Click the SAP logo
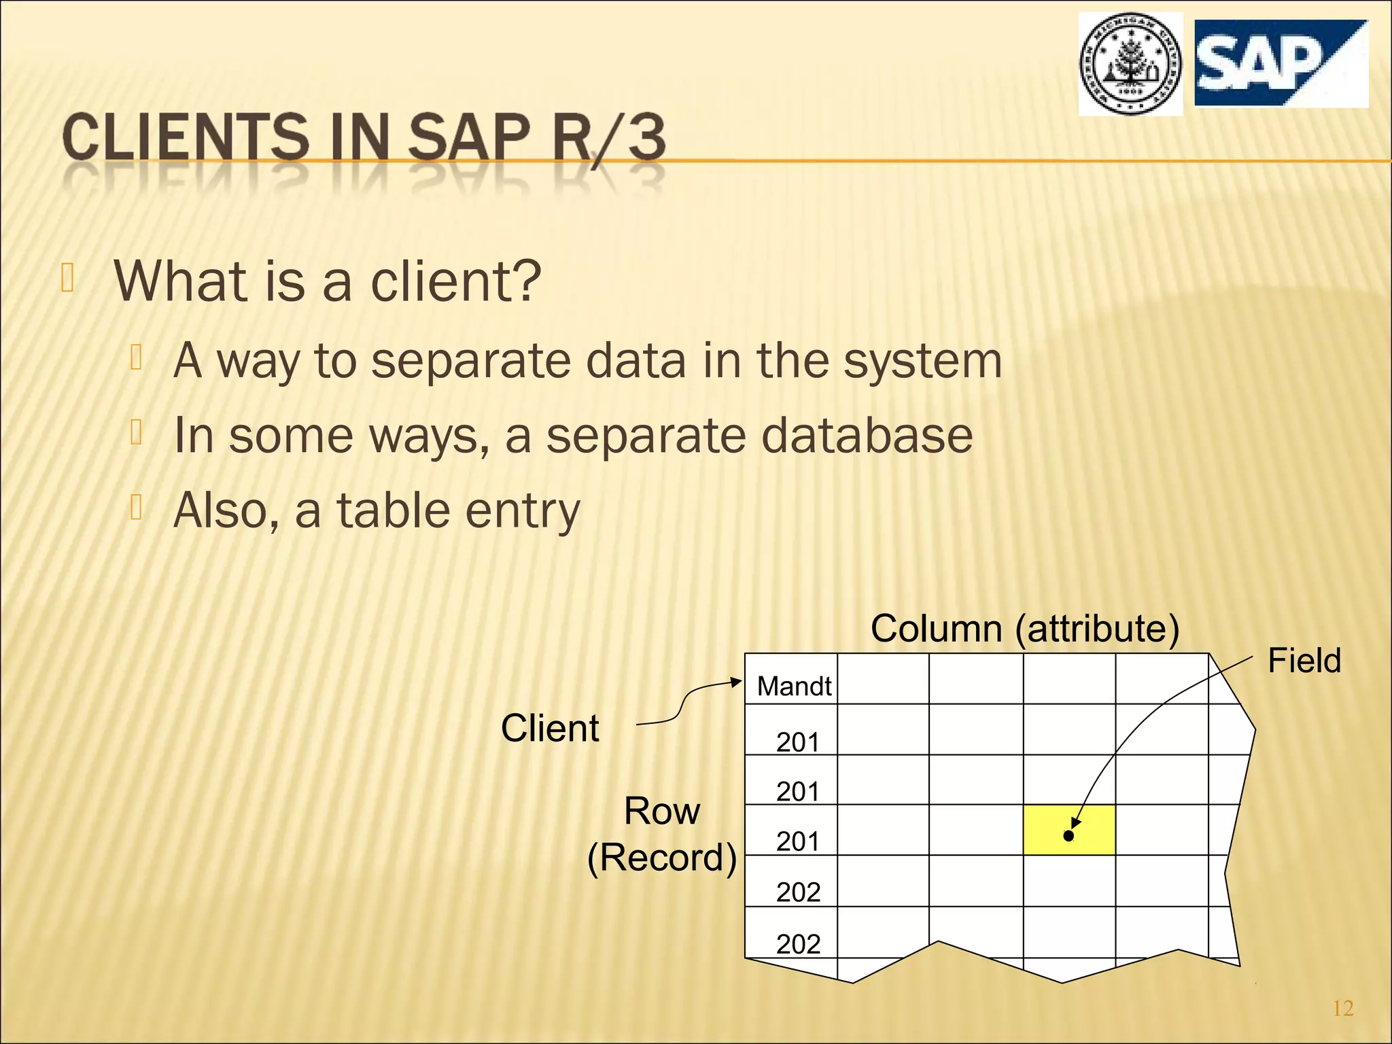[x=1281, y=63]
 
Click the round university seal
[x=1130, y=65]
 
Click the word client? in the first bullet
[x=455, y=281]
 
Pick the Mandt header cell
[x=793, y=686]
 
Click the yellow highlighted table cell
[x=1068, y=830]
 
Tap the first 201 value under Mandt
[x=798, y=742]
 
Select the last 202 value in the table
[x=798, y=943]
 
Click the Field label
[x=1304, y=661]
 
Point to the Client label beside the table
[x=550, y=728]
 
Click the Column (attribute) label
[x=1024, y=628]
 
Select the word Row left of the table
[x=661, y=811]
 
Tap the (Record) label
[x=661, y=857]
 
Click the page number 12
[x=1343, y=1008]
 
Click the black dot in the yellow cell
[x=1068, y=836]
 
